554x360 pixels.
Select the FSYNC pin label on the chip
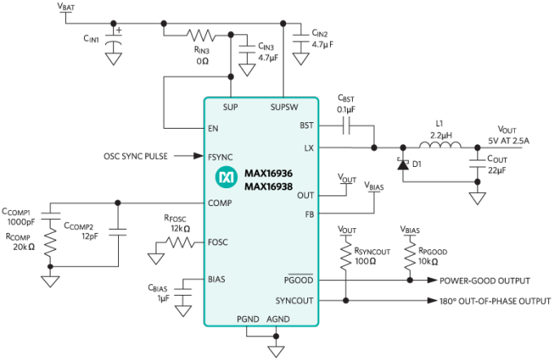click(221, 156)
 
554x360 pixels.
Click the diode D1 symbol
click(401, 164)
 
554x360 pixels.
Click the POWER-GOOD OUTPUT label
click(484, 281)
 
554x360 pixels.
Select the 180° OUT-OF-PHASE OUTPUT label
click(495, 301)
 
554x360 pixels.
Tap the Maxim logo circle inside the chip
click(226, 176)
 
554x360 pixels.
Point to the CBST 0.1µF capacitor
click(347, 125)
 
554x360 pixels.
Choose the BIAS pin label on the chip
click(217, 279)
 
